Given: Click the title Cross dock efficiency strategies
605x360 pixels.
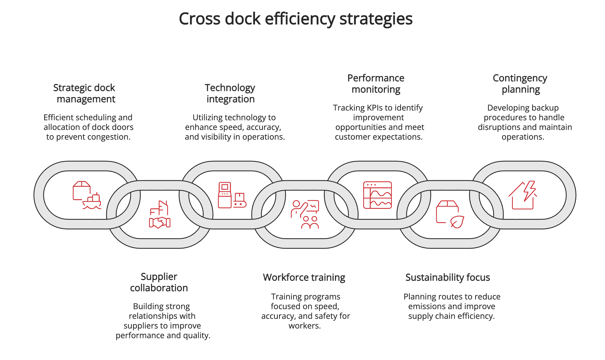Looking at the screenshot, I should (x=296, y=19).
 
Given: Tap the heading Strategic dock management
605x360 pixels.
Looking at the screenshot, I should (x=84, y=93).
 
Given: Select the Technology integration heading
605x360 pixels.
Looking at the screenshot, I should (x=230, y=93).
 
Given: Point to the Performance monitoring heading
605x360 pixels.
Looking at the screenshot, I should (x=376, y=84).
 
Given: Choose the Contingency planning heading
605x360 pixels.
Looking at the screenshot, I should (x=520, y=84).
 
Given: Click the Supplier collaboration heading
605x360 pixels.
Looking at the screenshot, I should (x=159, y=282).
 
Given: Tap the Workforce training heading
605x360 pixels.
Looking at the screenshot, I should (x=304, y=277).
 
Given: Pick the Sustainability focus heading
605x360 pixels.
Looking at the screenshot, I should (x=447, y=277).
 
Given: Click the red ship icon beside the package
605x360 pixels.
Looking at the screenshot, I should (x=92, y=202).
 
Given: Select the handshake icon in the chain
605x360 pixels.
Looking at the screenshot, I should (x=160, y=222).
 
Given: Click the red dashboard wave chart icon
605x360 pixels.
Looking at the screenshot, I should (x=377, y=195).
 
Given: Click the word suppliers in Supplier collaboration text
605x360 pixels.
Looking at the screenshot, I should (x=140, y=326).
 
